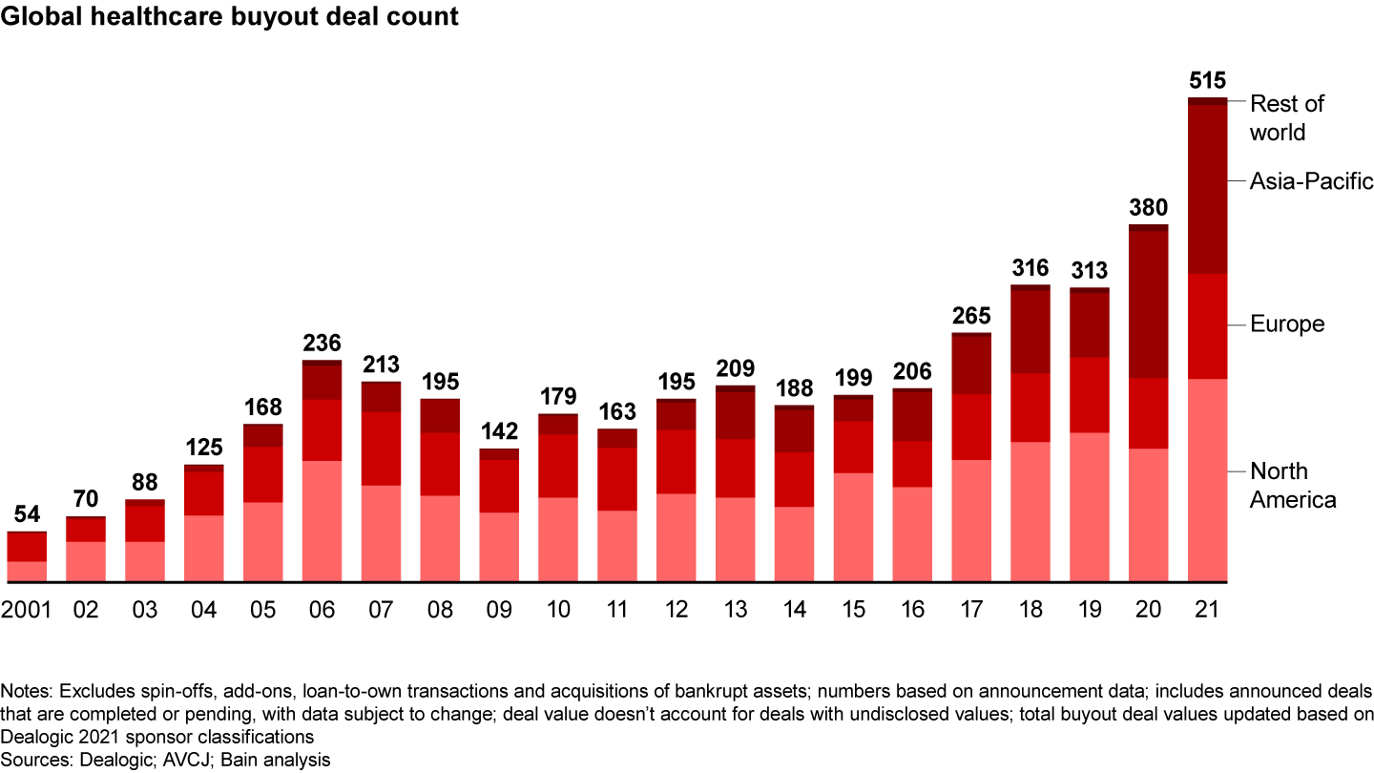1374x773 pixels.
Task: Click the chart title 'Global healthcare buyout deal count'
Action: (230, 17)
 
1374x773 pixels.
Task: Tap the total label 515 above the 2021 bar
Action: (1207, 80)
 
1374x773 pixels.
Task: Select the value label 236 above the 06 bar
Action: (322, 343)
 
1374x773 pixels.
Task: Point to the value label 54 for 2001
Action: (27, 514)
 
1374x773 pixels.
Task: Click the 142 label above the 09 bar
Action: (499, 431)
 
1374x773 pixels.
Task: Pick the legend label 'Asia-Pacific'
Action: (1311, 181)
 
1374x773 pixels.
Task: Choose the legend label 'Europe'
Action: (1287, 324)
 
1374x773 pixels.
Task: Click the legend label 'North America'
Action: (1293, 486)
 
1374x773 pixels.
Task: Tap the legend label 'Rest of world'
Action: (1287, 117)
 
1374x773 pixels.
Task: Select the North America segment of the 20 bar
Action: (1148, 515)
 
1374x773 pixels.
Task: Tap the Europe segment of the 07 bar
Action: (381, 449)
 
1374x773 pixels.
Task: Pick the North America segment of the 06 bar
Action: (322, 521)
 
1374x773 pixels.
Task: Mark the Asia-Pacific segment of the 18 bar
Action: (1030, 331)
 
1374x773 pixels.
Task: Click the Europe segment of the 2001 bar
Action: (27, 546)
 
